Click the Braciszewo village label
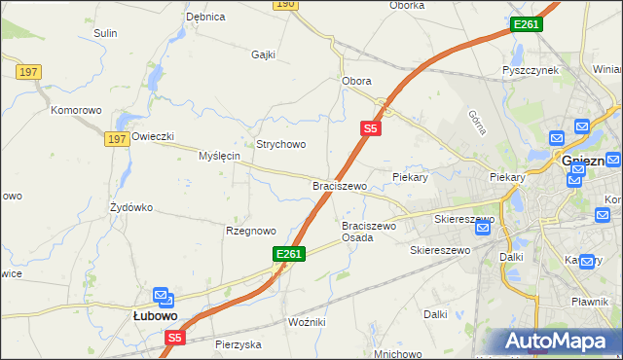point(339,186)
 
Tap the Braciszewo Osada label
point(368,232)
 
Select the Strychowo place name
point(280,144)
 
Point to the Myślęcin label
point(219,156)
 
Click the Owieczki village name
point(153,136)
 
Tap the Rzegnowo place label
point(251,231)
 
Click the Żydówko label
point(131,207)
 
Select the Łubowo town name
point(155,315)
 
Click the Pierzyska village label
point(238,344)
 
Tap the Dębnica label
point(205,17)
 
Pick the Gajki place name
point(265,54)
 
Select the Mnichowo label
point(397,353)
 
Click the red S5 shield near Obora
point(371,126)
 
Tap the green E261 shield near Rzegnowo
point(289,253)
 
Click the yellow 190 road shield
point(283,4)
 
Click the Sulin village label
point(105,33)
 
